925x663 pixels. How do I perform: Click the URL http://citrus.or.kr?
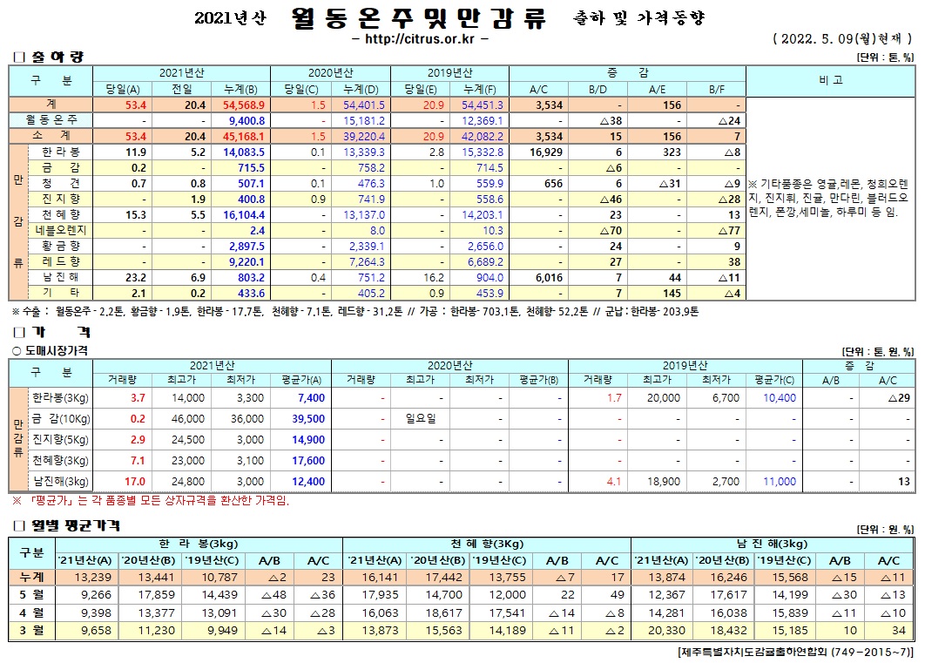coord(424,39)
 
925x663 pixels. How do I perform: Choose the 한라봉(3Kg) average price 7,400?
coord(311,397)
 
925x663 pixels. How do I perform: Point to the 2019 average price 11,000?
coord(779,481)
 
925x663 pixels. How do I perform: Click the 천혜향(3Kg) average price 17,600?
coord(310,460)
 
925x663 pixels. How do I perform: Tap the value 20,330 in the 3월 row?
coord(665,629)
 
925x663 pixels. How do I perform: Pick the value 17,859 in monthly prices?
coord(151,595)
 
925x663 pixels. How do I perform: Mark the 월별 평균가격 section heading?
coord(76,526)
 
